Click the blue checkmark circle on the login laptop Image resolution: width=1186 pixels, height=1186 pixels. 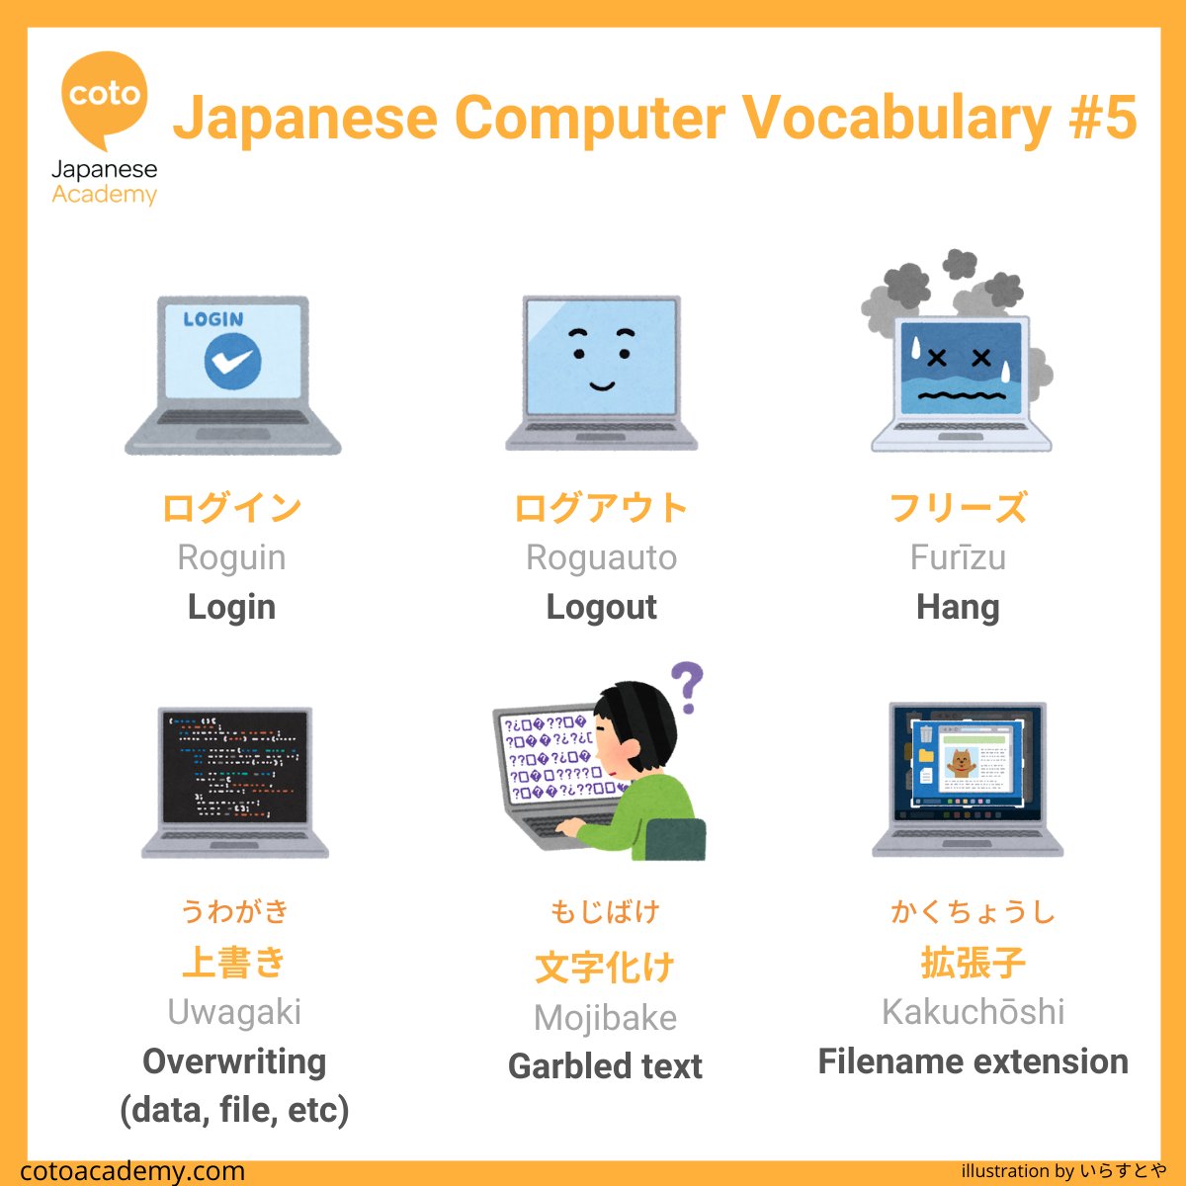coord(232,362)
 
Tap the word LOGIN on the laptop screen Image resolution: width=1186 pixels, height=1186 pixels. coord(212,319)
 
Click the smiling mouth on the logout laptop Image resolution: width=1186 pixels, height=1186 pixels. coord(601,386)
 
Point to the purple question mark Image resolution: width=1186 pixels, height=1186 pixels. coord(687,687)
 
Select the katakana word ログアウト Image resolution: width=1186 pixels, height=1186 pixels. coord(601,508)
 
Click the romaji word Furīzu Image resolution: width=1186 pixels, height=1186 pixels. coord(958,557)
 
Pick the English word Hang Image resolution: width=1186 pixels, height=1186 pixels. coord(958,607)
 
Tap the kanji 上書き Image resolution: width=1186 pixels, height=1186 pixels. coord(234,962)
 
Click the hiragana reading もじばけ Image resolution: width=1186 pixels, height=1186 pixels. coord(604,911)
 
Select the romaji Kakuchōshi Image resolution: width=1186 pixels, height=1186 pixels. coord(973,1012)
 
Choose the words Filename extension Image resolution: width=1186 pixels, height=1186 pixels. coord(973,1061)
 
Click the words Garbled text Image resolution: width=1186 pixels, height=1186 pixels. coord(605,1066)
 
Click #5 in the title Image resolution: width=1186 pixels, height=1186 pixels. coord(1102,119)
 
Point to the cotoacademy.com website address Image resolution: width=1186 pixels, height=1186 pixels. coord(132,1171)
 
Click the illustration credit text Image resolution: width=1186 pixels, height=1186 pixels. coord(1062,1171)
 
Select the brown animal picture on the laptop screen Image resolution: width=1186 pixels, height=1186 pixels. coord(960,761)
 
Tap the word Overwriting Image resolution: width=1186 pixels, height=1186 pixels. coord(234,1061)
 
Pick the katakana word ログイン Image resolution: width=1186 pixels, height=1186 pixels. coord(231,508)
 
